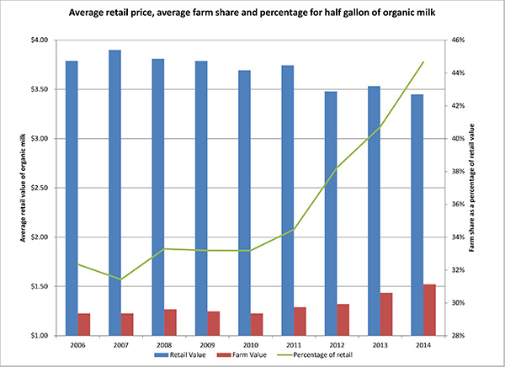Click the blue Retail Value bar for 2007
pos(115,193)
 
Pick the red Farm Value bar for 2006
pos(83,324)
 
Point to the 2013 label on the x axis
pos(376,344)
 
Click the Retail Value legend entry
pos(186,357)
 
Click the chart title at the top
pos(252,14)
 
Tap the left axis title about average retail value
pos(14,188)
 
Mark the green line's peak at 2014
pos(423,61)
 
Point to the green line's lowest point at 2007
pos(121,279)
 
